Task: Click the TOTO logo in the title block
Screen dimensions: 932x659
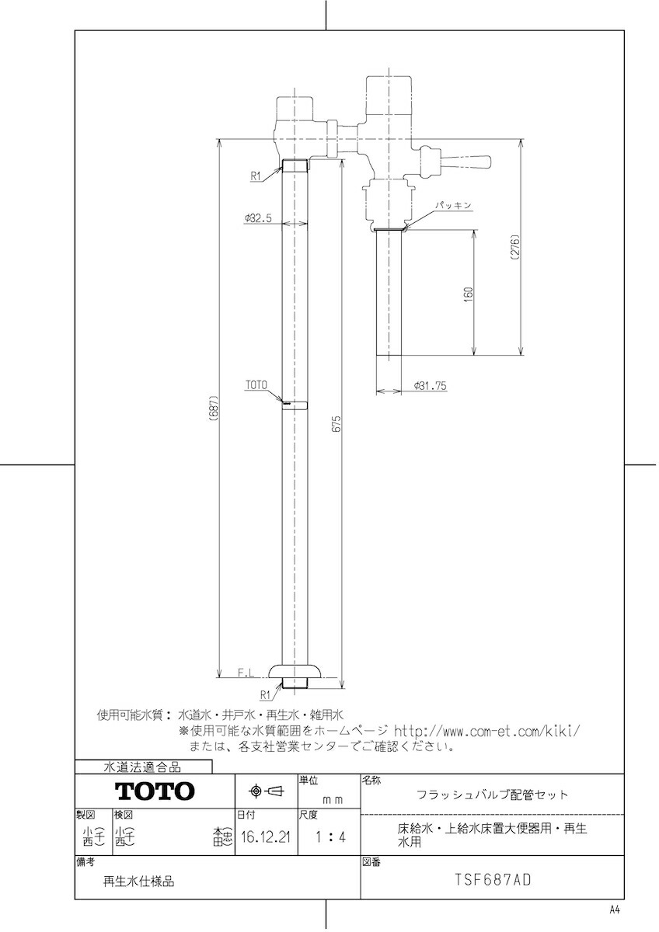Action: coord(155,791)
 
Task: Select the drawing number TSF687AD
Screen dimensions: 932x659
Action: coord(492,882)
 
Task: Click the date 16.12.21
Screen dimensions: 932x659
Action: coord(266,838)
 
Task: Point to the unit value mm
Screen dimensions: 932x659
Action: coord(333,798)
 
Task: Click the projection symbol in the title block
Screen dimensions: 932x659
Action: coord(266,791)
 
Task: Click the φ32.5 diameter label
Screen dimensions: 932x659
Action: coord(256,219)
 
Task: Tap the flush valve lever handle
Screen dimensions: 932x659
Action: coord(465,162)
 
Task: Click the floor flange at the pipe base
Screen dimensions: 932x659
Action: coord(296,672)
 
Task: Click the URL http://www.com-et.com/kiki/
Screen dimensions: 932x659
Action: coord(487,731)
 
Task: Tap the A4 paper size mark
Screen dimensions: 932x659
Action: coord(614,909)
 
